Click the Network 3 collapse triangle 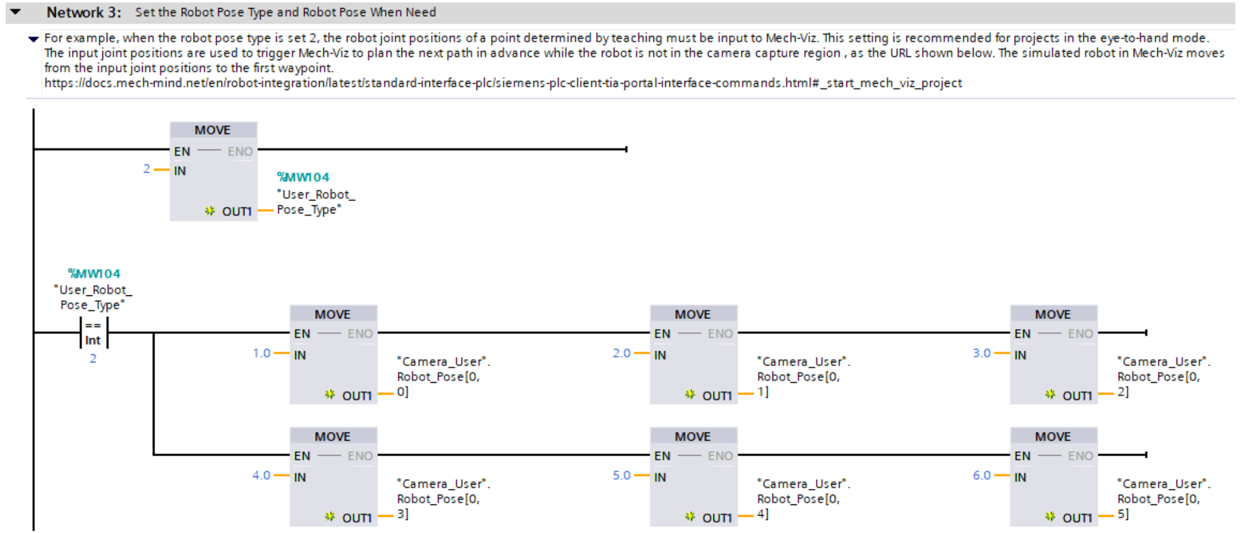[x=16, y=12]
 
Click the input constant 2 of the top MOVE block [x=146, y=169]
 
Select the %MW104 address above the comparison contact [x=94, y=274]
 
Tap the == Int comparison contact [x=93, y=333]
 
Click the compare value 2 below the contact [x=93, y=359]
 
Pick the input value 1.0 [x=261, y=353]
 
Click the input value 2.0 [x=621, y=353]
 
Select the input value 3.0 [x=981, y=353]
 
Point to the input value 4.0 [x=261, y=475]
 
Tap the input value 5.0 [x=621, y=475]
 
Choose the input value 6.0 [x=981, y=475]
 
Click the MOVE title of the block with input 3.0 [x=1052, y=315]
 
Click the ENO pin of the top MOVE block [x=240, y=151]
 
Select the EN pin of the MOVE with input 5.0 [x=662, y=456]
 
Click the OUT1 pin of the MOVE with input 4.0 [x=356, y=517]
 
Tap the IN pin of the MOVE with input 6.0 [x=1020, y=477]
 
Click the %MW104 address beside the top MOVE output [x=303, y=177]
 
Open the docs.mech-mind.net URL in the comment [x=503, y=83]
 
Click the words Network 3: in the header [x=84, y=12]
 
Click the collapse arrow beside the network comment [x=34, y=39]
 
